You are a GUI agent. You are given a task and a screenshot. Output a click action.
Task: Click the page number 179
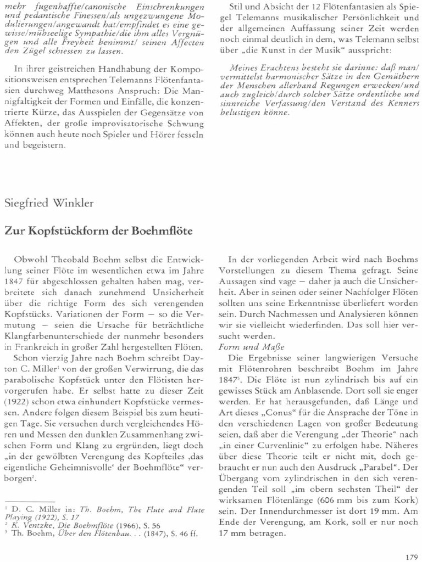[x=410, y=556]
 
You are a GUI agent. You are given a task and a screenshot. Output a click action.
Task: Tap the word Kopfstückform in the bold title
[x=54, y=231]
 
